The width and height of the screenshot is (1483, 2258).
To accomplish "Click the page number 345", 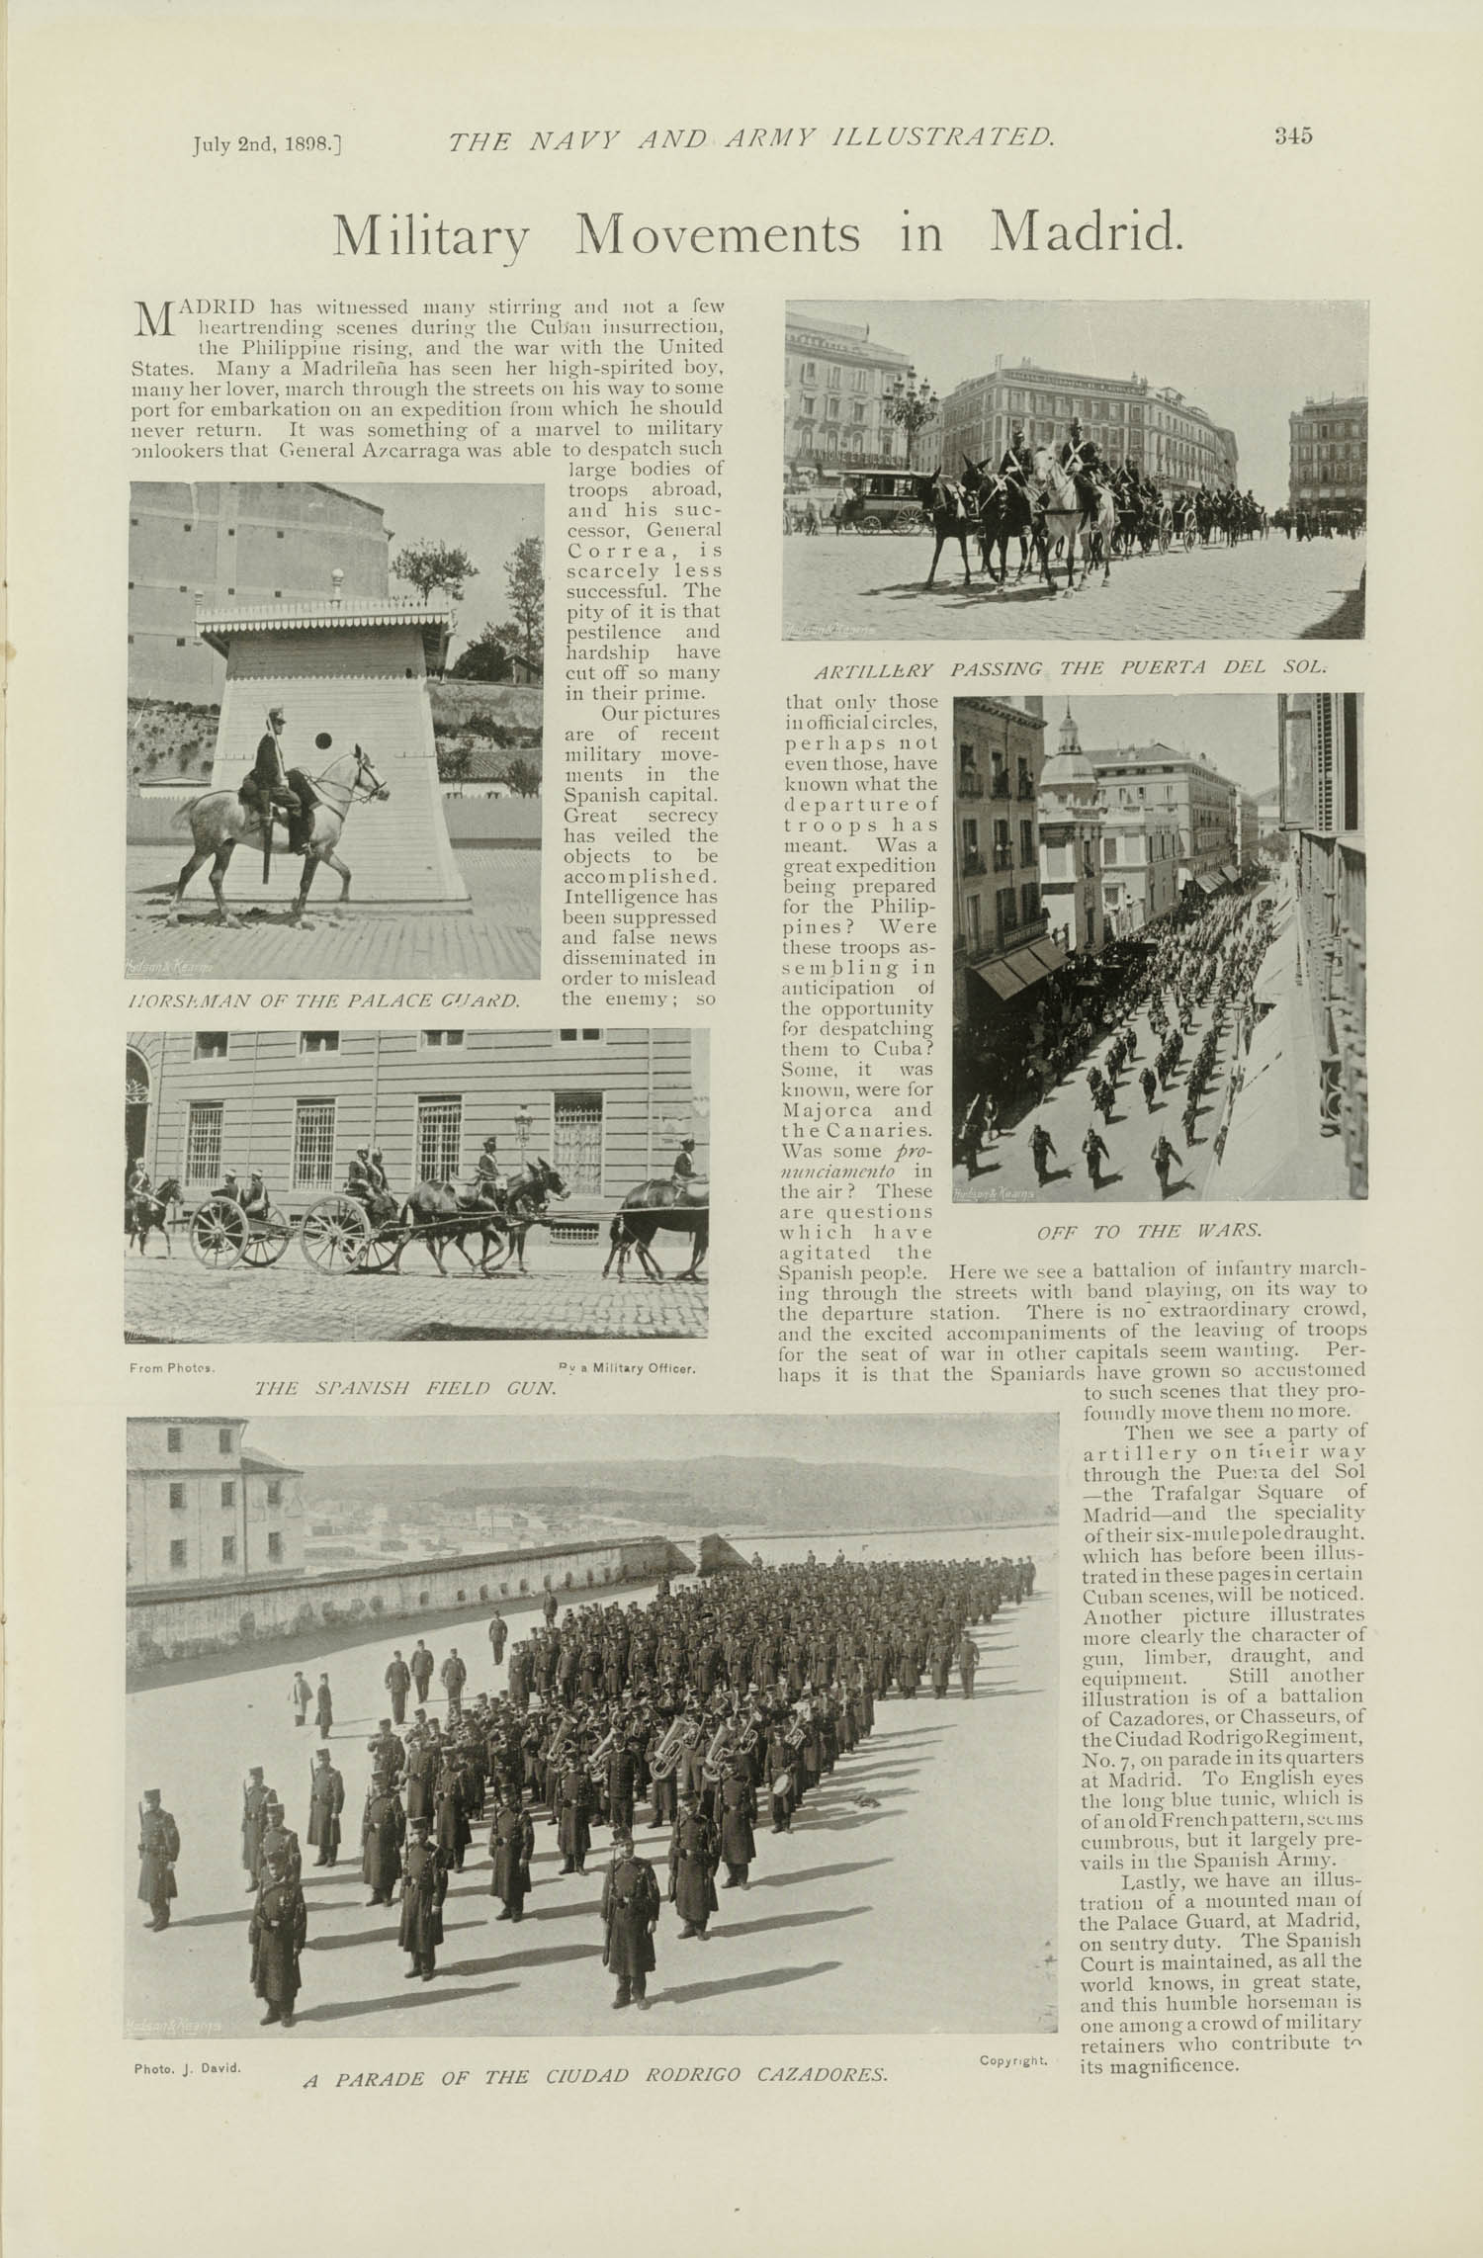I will (1292, 136).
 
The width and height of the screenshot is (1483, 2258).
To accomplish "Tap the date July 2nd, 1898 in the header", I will (266, 144).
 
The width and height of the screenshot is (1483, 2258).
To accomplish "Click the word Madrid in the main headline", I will (1086, 233).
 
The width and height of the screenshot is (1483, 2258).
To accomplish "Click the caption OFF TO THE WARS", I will (1149, 1232).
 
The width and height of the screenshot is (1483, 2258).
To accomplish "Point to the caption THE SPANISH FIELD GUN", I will (405, 1387).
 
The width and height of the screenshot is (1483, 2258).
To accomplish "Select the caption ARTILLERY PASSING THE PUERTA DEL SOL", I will (1069, 669).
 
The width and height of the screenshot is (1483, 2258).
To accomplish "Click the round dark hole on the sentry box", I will (323, 740).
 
